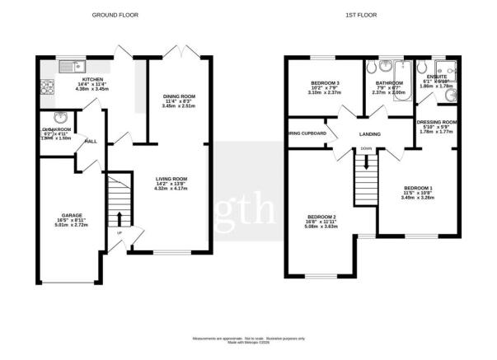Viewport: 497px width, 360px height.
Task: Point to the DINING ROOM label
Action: pos(177,97)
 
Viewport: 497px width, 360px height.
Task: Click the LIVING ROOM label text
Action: pos(172,178)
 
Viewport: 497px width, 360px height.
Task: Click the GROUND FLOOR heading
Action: pos(115,15)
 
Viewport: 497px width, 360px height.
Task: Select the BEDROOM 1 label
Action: pos(416,189)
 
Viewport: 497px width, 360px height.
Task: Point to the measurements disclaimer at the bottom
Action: pos(248,338)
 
